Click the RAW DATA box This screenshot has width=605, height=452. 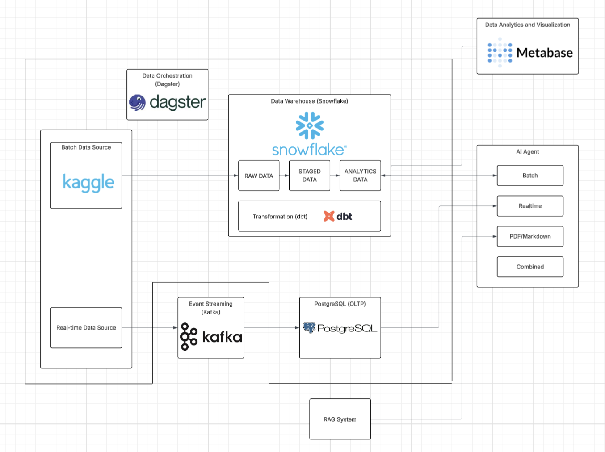click(x=259, y=176)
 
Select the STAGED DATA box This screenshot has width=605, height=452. click(x=309, y=176)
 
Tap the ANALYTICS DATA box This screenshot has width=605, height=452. click(x=360, y=176)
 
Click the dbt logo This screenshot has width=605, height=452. click(x=338, y=216)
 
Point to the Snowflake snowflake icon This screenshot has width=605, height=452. click(x=309, y=126)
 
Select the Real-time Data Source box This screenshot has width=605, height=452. click(x=86, y=327)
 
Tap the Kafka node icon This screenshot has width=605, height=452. click(x=189, y=337)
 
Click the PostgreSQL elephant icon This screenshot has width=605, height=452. click(x=309, y=328)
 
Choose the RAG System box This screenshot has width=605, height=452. click(x=340, y=419)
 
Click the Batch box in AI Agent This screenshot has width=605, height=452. click(x=530, y=176)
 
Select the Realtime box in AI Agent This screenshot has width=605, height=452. click(x=530, y=206)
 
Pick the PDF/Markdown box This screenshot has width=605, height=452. click(x=530, y=236)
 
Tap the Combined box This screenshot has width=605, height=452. click(x=530, y=267)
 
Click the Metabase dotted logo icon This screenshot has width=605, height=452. click(x=500, y=53)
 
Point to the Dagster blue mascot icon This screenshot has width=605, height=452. click(x=138, y=102)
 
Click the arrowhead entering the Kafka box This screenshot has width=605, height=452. click(x=175, y=328)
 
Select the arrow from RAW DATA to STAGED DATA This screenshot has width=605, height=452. click(x=284, y=176)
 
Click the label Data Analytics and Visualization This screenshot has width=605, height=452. click(x=527, y=25)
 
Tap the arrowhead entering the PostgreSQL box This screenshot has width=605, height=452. click(x=297, y=328)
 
